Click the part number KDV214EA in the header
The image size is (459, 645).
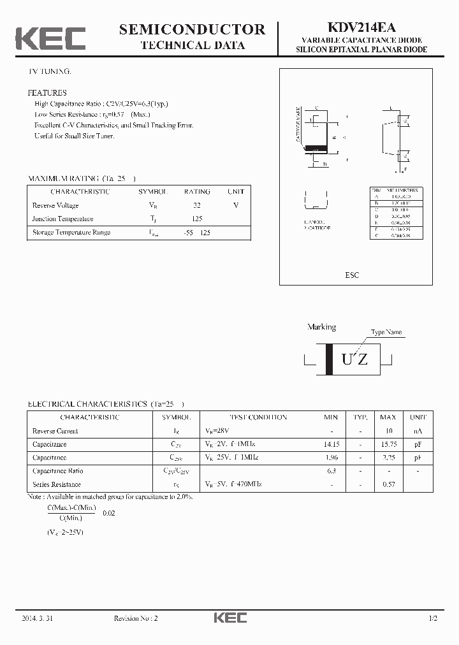(361, 27)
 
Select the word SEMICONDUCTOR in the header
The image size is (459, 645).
(192, 29)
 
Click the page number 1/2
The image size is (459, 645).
(433, 619)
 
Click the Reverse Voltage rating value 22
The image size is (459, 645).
(197, 205)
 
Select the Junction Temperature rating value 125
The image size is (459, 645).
(197, 219)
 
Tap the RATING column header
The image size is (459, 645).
(197, 191)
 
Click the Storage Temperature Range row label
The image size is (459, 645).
(71, 232)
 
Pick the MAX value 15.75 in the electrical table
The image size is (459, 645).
(388, 444)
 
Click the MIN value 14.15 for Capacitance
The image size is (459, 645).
(331, 444)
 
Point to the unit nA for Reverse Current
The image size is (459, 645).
(418, 431)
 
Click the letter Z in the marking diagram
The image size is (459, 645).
(362, 359)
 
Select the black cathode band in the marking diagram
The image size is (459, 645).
(329, 359)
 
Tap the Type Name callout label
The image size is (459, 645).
(387, 333)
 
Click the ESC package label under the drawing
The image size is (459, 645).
(352, 275)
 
